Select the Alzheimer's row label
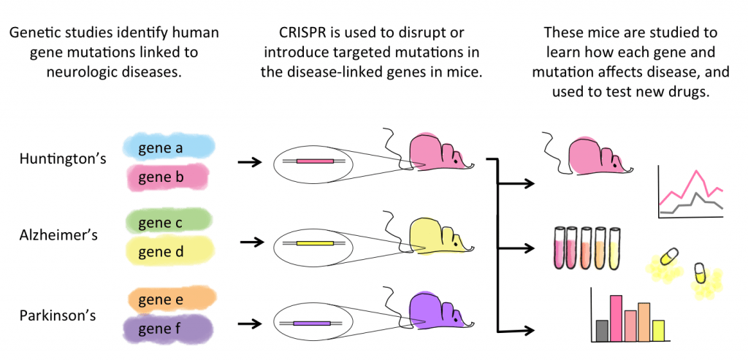click(58, 236)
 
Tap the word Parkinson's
click(58, 316)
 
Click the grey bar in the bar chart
click(601, 331)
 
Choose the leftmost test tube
click(560, 247)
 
